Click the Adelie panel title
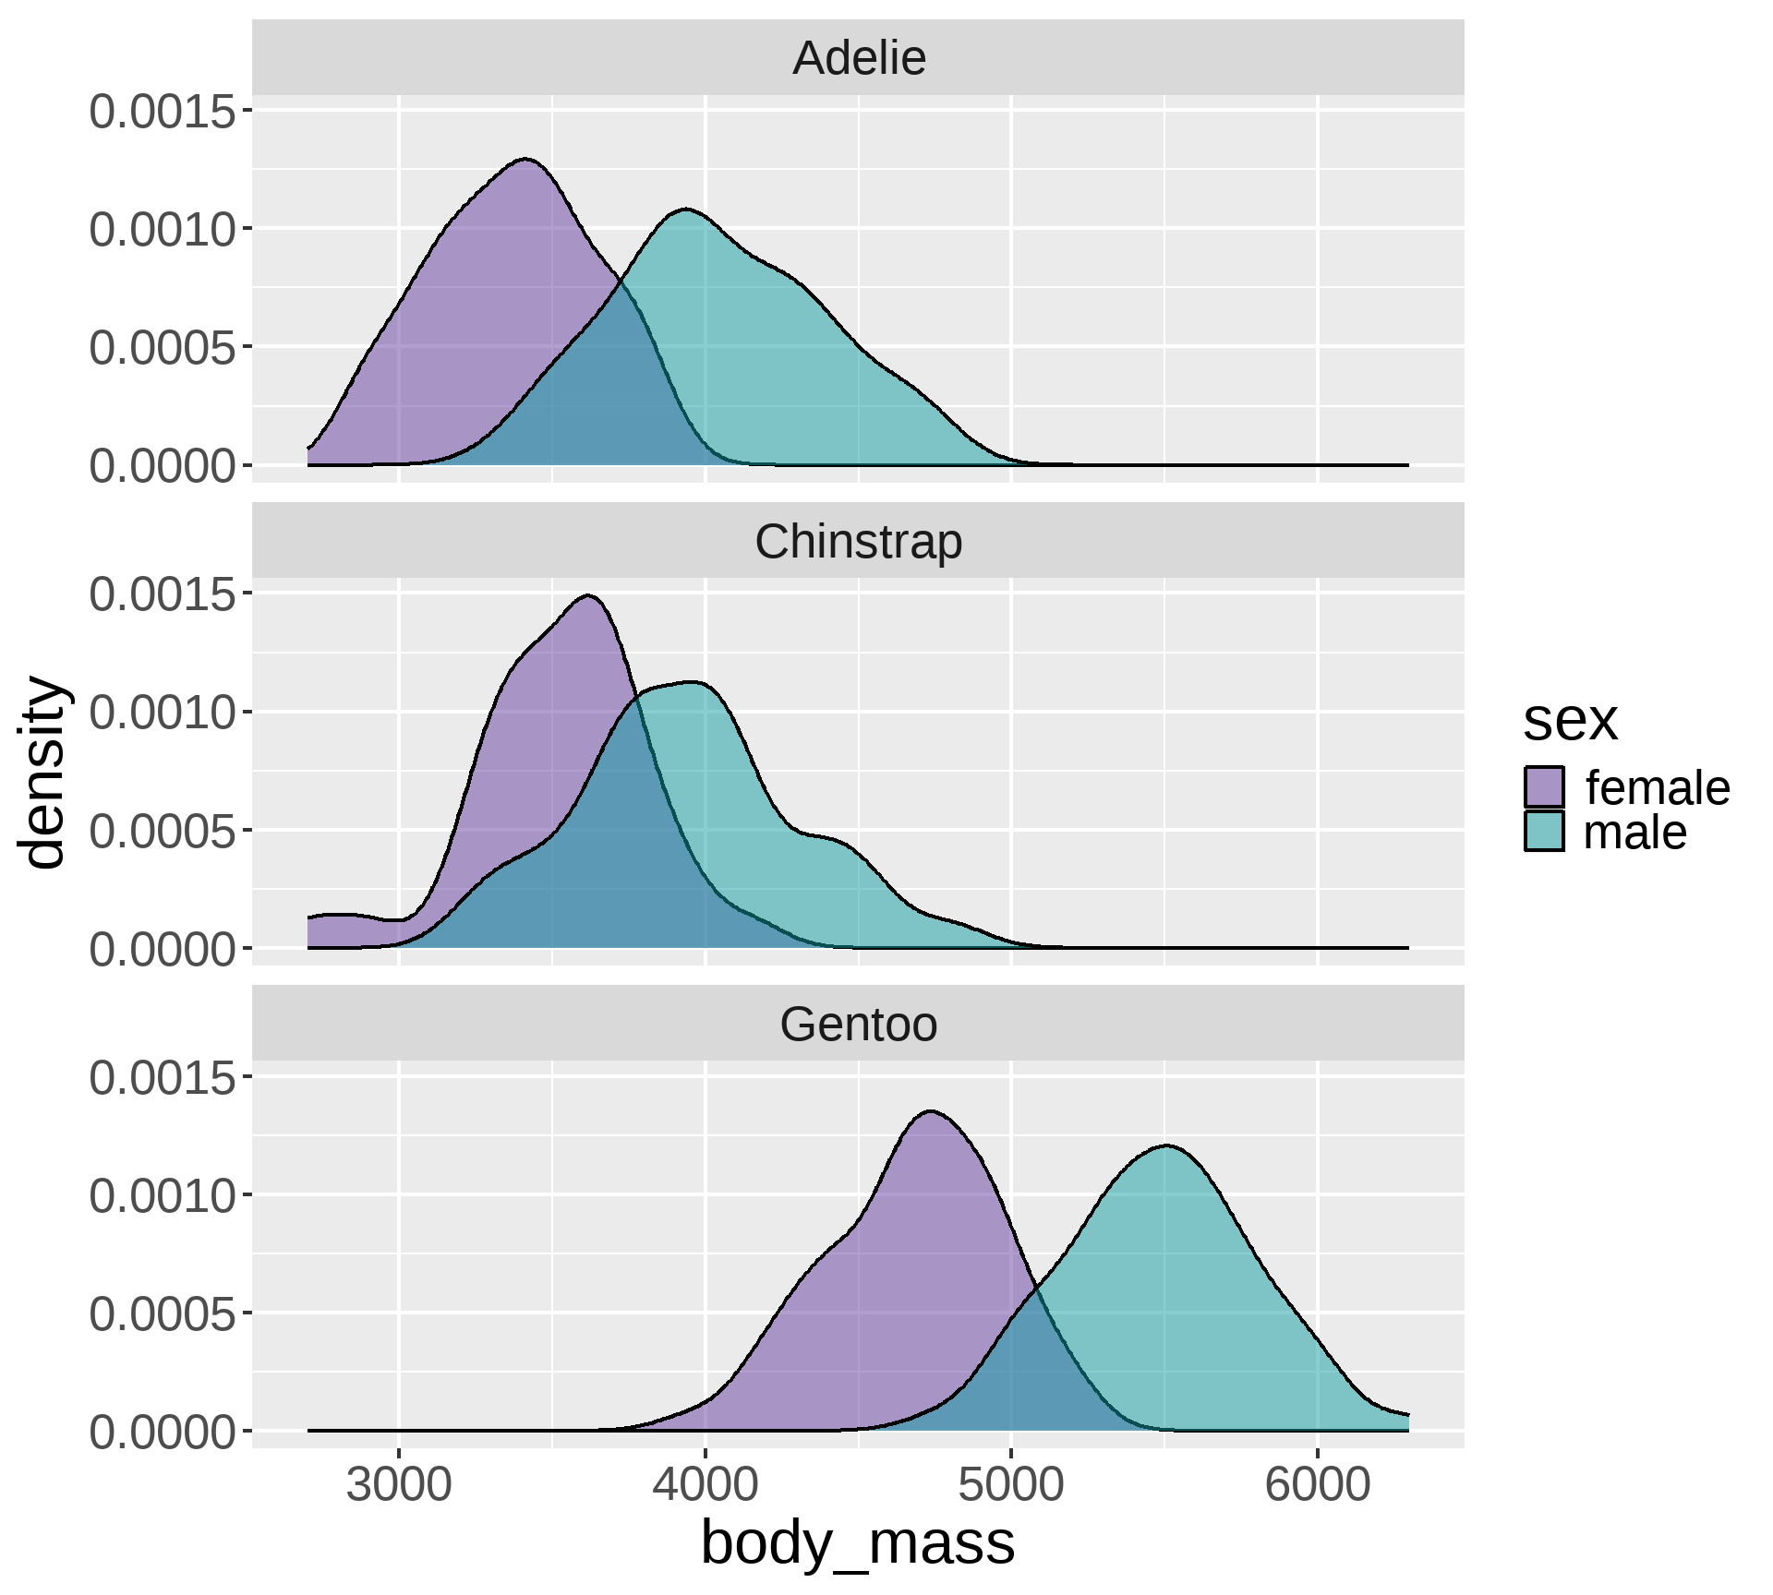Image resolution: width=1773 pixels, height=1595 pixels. click(x=859, y=58)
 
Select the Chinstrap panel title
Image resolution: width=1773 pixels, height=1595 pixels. click(x=858, y=542)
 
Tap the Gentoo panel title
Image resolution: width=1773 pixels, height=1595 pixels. click(x=858, y=1025)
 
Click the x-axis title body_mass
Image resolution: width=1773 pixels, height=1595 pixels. click(x=858, y=1542)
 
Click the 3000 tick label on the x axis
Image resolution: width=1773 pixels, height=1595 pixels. click(x=399, y=1486)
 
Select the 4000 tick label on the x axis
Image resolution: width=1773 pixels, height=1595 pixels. click(x=705, y=1486)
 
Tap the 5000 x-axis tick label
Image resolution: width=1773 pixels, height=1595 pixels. click(x=1011, y=1486)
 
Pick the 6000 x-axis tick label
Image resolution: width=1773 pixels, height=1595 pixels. click(x=1318, y=1486)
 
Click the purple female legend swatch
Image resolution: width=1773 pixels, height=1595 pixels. click(x=1544, y=787)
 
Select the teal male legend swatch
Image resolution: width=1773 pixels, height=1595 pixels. click(x=1544, y=832)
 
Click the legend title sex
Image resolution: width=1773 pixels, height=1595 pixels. click(x=1570, y=721)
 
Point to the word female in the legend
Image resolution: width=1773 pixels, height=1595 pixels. click(x=1658, y=788)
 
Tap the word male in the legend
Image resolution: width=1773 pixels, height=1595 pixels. click(x=1634, y=833)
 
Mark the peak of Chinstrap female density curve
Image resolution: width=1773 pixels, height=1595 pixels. click(x=588, y=596)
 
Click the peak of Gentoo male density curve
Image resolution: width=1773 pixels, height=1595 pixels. click(x=1166, y=1145)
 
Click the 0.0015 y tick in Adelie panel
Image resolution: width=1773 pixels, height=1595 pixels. click(x=163, y=113)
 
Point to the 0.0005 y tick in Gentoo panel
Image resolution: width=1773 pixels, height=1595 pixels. click(x=163, y=1313)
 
